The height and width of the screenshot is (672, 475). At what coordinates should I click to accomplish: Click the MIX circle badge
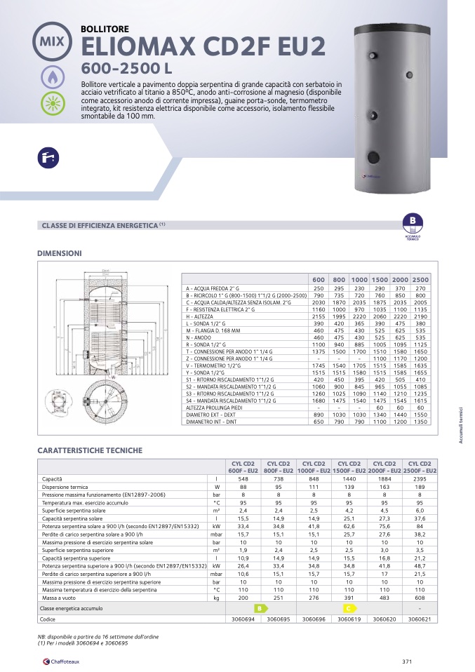tap(53, 41)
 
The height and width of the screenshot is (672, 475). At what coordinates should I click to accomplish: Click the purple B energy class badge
tap(413, 222)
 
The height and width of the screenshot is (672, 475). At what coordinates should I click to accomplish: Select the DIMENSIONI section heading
tap(60, 253)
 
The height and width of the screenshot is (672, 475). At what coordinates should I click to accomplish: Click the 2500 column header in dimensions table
tap(422, 280)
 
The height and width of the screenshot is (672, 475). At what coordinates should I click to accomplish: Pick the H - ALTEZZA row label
tap(201, 316)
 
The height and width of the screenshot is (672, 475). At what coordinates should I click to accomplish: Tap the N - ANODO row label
tap(199, 337)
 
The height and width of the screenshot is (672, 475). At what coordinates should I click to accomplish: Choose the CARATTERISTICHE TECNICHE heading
tap(90, 450)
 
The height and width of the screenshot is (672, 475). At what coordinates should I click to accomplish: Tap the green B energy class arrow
tap(260, 608)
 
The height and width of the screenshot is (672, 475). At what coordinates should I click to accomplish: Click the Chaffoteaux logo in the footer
tap(64, 660)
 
